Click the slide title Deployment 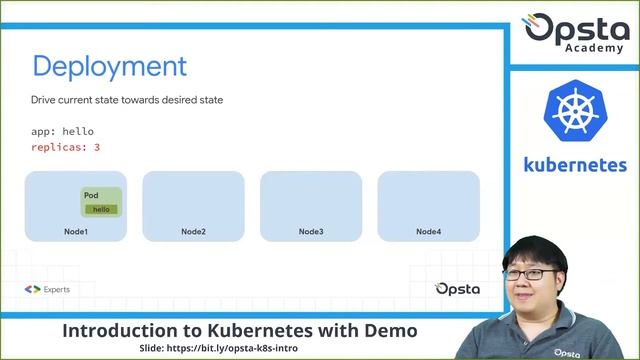tap(110, 67)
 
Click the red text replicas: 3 tap(65, 147)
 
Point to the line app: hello tap(62, 131)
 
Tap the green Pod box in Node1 tap(101, 201)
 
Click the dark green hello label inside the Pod tap(101, 209)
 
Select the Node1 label tap(76, 232)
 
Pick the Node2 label tap(193, 232)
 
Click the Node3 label tap(311, 232)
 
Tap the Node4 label tap(428, 232)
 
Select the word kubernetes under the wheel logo tap(575, 165)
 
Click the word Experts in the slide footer tap(57, 289)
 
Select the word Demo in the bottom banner tap(390, 330)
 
